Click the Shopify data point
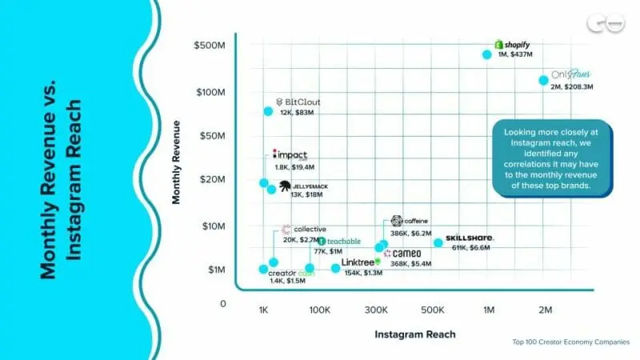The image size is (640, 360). (486, 54)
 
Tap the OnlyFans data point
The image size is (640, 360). (543, 80)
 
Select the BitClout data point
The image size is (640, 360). (268, 111)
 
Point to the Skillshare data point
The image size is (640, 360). (438, 242)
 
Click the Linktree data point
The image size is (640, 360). (335, 268)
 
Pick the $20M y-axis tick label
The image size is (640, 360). (214, 179)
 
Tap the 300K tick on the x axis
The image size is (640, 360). (375, 310)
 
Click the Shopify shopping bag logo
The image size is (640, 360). (498, 44)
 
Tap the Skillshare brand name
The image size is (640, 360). (470, 238)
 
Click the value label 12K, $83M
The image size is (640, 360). (296, 113)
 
